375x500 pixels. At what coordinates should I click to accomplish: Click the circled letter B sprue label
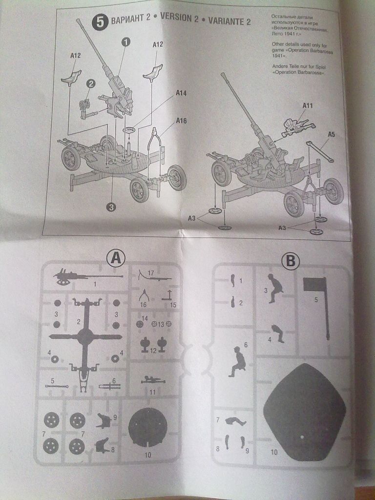(291, 262)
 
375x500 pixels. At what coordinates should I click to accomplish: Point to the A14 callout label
(181, 92)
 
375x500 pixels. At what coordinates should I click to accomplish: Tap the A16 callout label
(181, 120)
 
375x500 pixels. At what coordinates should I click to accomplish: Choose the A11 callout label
(307, 105)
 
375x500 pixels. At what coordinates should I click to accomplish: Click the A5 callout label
(331, 135)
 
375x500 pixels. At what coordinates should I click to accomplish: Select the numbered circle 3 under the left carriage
(111, 208)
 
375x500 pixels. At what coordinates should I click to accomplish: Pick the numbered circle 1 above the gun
(125, 42)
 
